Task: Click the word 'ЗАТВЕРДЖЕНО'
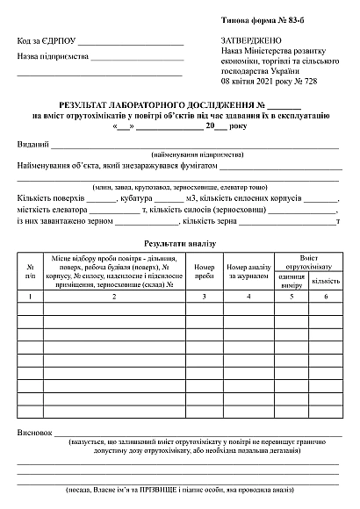tap(252, 41)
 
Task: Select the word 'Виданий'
tap(32, 144)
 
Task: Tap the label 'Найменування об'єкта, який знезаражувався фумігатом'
tap(117, 165)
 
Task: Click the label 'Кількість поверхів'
tap(51, 198)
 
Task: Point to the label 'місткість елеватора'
tap(53, 210)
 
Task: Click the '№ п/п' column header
tap(31, 271)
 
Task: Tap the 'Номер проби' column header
tap(204, 271)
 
